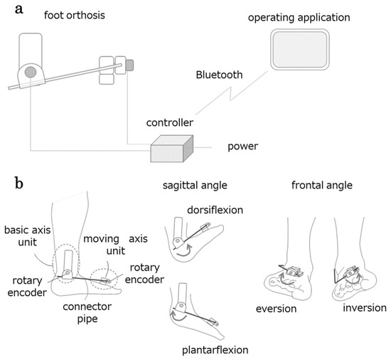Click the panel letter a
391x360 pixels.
tap(19, 10)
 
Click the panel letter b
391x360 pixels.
tap(19, 183)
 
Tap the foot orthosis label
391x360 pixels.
tap(75, 15)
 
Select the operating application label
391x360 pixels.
tap(299, 18)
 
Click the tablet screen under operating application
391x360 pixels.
tap(300, 49)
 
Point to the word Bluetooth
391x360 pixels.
tap(219, 75)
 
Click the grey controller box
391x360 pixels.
tap(171, 149)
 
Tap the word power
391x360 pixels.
tap(243, 147)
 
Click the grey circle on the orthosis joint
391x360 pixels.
tap(31, 72)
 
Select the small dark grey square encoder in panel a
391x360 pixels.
tap(129, 65)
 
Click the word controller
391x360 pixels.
tap(170, 123)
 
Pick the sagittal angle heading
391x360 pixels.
tap(195, 186)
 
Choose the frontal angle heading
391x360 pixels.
tap(322, 186)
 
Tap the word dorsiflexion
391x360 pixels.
tap(215, 210)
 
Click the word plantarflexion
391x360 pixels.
tap(215, 350)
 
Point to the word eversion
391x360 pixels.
tap(276, 309)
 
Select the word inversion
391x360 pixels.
tap(365, 308)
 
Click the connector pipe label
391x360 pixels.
tap(87, 313)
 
